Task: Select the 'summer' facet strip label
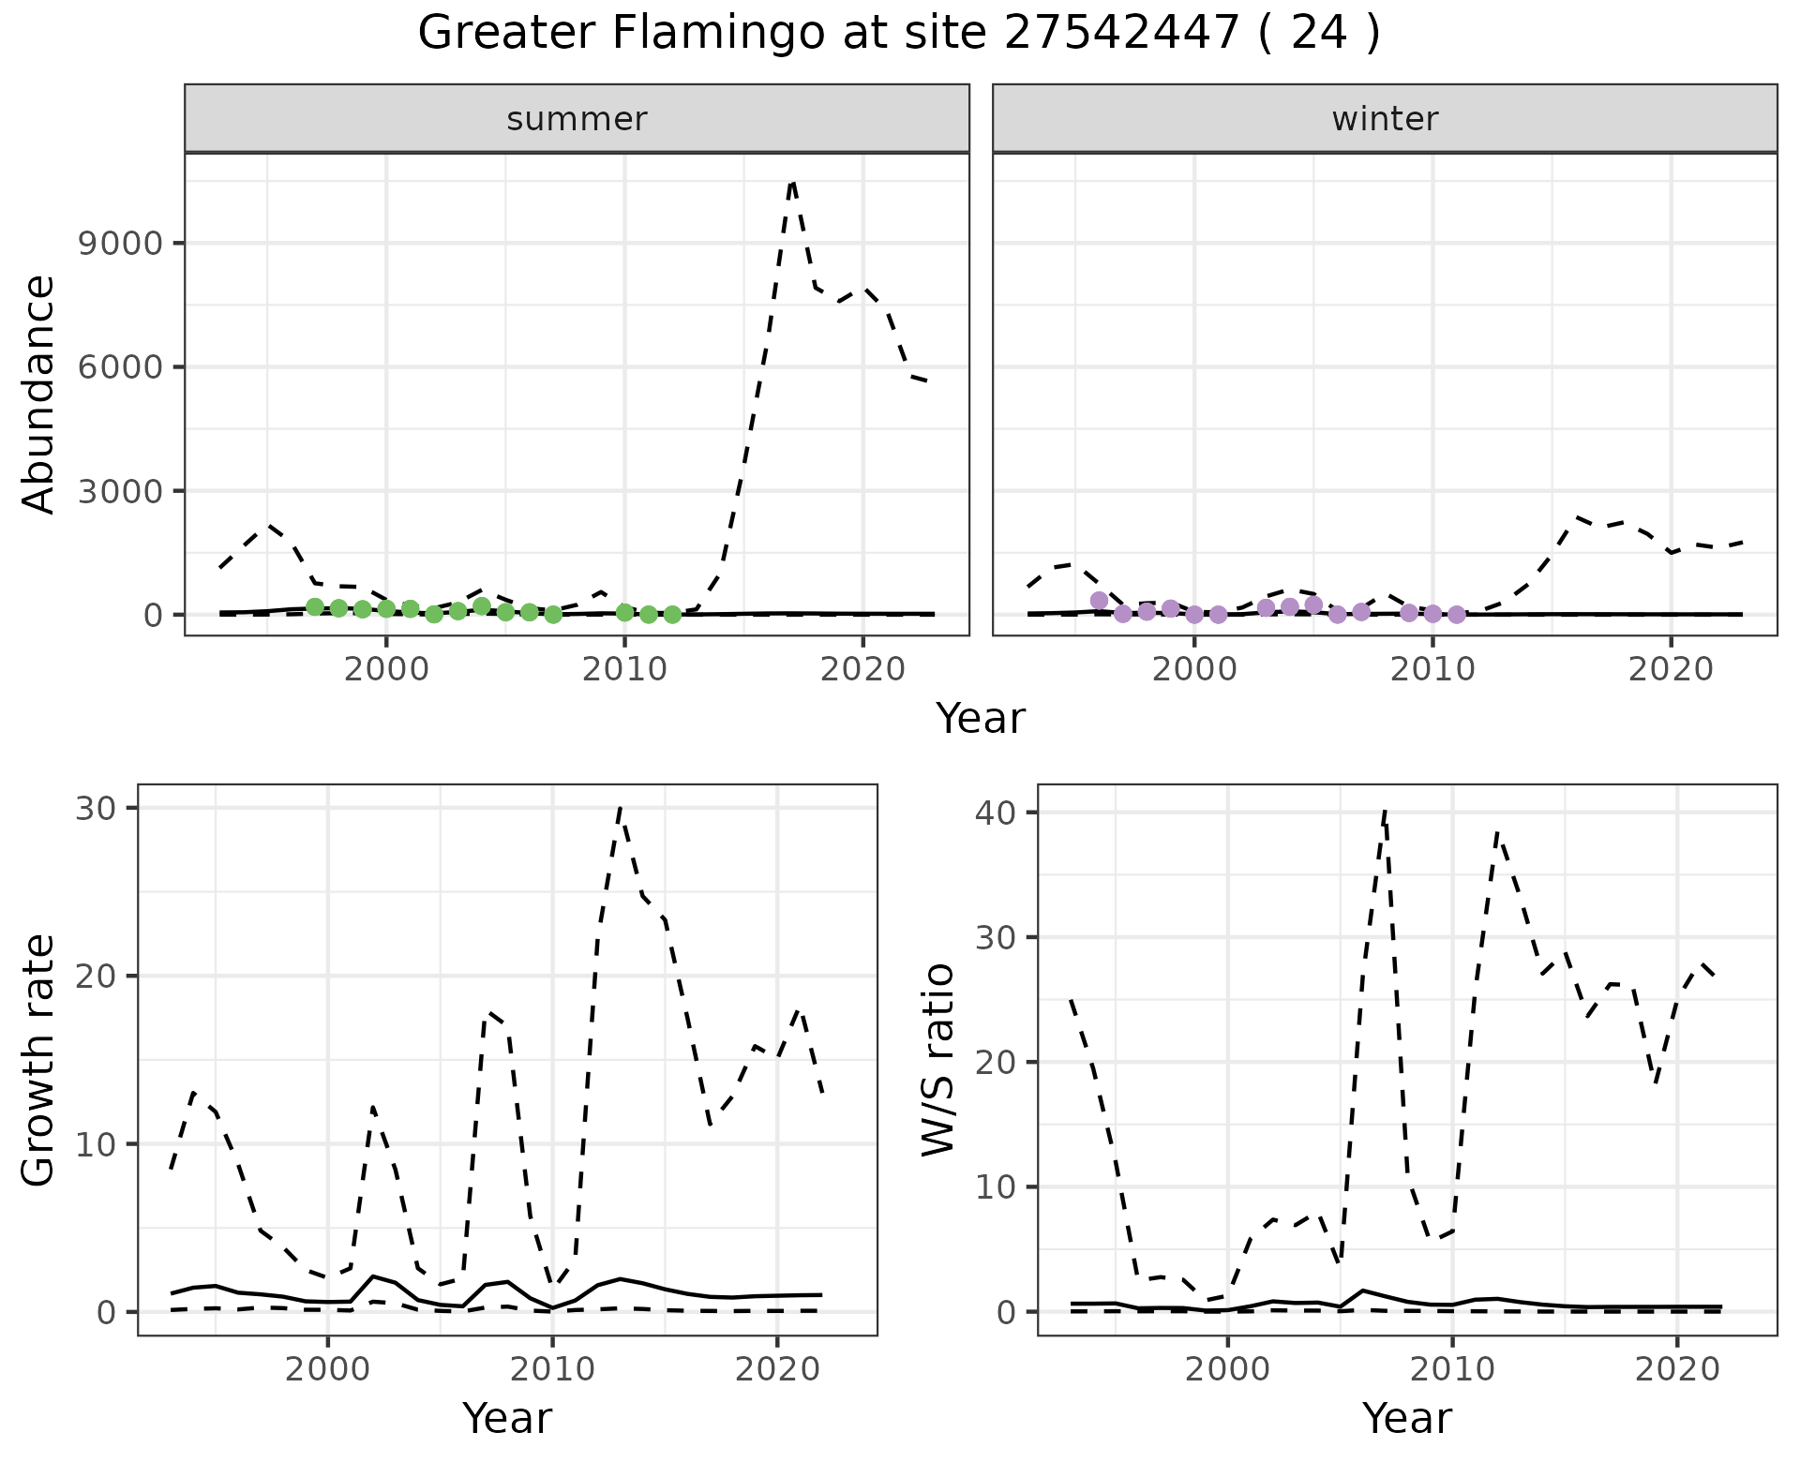coord(577,119)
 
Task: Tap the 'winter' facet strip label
coord(1385,119)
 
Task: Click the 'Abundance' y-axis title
coord(39,394)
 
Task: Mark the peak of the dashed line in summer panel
coord(792,183)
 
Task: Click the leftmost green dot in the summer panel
coord(315,606)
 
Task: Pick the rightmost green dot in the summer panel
coord(672,615)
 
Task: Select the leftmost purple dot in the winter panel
coord(1100,600)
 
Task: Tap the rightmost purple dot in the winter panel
coord(1457,615)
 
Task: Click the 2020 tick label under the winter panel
coord(1670,669)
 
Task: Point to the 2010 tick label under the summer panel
coord(624,669)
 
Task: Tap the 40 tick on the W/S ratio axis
coord(995,813)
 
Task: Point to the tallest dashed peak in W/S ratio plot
coord(1385,812)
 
